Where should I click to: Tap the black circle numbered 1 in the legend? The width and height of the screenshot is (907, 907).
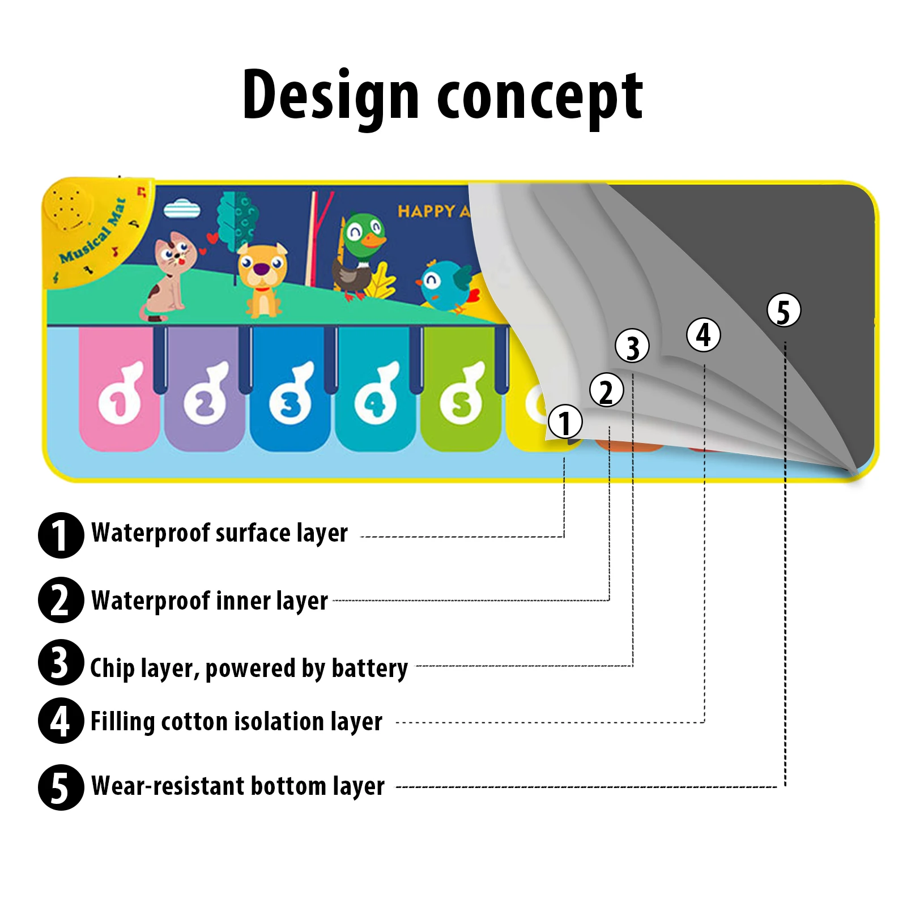click(x=61, y=535)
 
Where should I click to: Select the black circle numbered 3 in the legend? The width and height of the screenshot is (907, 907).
click(x=61, y=662)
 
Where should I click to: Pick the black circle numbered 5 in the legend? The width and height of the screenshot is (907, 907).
click(x=61, y=787)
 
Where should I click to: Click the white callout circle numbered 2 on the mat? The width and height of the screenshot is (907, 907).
click(x=606, y=390)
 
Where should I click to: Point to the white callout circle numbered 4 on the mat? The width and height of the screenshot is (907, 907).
click(x=703, y=334)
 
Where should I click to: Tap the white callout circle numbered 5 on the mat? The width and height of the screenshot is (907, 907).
click(x=783, y=310)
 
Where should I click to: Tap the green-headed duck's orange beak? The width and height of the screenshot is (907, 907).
click(x=374, y=240)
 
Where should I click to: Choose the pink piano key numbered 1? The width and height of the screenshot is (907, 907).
click(x=119, y=391)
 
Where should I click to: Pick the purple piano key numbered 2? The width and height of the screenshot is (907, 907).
click(x=205, y=391)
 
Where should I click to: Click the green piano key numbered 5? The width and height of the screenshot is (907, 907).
click(x=461, y=391)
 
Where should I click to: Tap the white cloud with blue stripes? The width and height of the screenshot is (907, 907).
click(x=182, y=209)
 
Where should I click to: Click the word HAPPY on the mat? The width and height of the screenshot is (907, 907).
click(x=426, y=212)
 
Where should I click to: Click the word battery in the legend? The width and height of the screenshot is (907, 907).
click(x=369, y=668)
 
